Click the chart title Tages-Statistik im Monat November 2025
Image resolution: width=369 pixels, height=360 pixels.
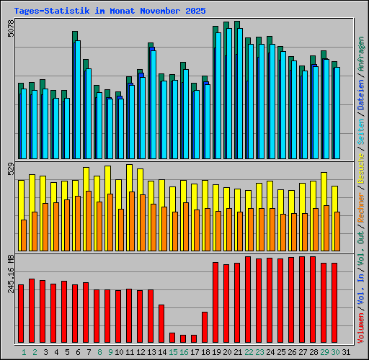click(110, 11)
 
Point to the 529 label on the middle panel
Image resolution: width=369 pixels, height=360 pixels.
click(10, 171)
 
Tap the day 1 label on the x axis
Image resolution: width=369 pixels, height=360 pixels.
click(24, 352)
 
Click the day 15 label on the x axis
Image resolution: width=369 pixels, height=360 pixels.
click(172, 352)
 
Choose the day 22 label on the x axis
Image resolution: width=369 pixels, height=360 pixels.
click(248, 352)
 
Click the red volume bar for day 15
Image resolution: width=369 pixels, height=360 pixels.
click(172, 337)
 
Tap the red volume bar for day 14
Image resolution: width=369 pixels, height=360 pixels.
click(161, 323)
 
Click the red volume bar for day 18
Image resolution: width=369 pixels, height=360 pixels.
click(205, 327)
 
